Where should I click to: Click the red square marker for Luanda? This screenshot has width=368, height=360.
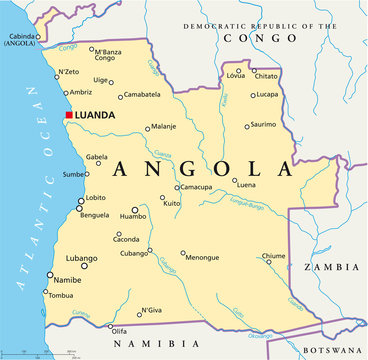pos(68,115)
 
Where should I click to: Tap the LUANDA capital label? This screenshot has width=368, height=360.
pos(94,115)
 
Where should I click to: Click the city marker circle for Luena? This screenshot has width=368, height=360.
pos(235,181)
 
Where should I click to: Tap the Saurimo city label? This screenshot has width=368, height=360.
pos(264,124)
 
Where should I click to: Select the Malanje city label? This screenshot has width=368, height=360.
pos(163,127)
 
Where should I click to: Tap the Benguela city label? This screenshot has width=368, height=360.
pos(95,215)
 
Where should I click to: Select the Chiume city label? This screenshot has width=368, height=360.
pos(273,256)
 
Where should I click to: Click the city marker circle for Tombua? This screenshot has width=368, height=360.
pos(45,292)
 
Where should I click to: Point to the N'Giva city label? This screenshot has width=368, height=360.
pos(151,311)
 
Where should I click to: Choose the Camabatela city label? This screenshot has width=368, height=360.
pos(144,95)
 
